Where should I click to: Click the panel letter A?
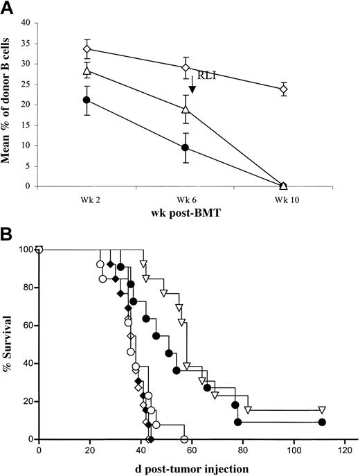8,8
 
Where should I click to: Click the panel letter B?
8,229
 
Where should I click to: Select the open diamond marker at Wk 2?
87,49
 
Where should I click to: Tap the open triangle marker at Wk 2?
87,71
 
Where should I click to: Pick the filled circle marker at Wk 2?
87,100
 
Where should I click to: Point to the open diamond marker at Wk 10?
284,89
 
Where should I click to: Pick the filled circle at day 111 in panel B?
322,422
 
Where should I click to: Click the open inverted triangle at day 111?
322,410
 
